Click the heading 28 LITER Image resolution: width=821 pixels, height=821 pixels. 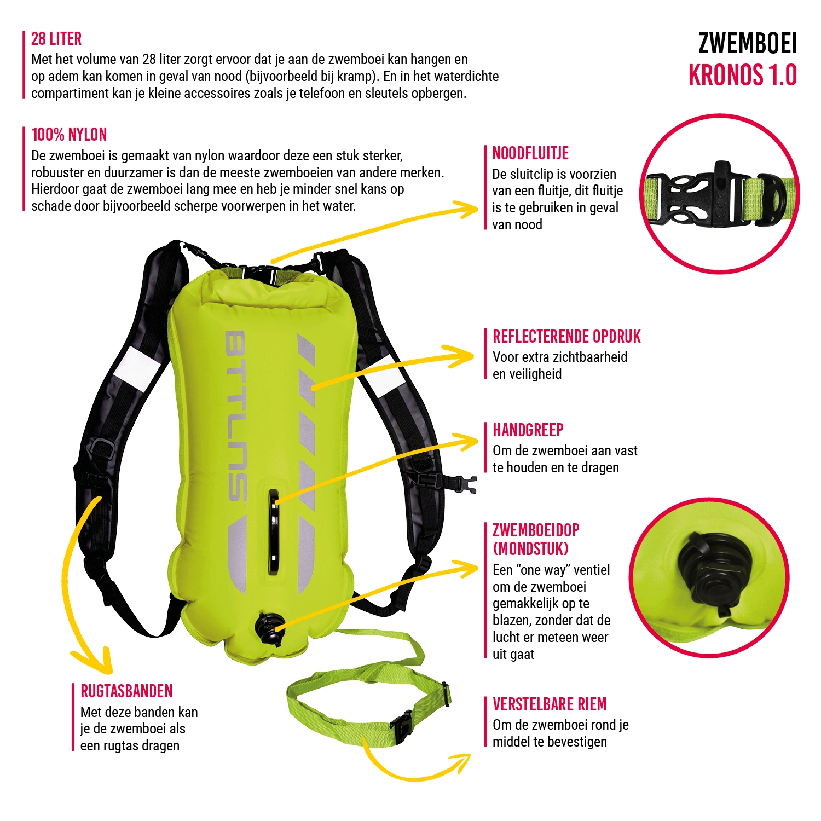point(56,39)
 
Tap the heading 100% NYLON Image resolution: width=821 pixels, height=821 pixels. point(69,135)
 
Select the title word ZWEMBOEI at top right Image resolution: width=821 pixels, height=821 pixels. point(747,44)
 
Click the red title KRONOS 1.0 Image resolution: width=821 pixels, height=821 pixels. point(742,76)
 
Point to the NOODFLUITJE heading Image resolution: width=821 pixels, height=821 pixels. point(530,153)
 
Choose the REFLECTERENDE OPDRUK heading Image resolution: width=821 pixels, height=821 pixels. point(566,337)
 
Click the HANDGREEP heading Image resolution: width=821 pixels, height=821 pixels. point(528,430)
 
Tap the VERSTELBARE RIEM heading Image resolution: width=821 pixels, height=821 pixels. point(550,704)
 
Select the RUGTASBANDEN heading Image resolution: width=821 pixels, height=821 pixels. point(126,691)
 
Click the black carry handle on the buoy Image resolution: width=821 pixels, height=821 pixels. point(274,531)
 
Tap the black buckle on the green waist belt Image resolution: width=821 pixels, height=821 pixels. point(402,726)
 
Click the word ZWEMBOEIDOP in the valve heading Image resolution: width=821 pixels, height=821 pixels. point(536,530)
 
